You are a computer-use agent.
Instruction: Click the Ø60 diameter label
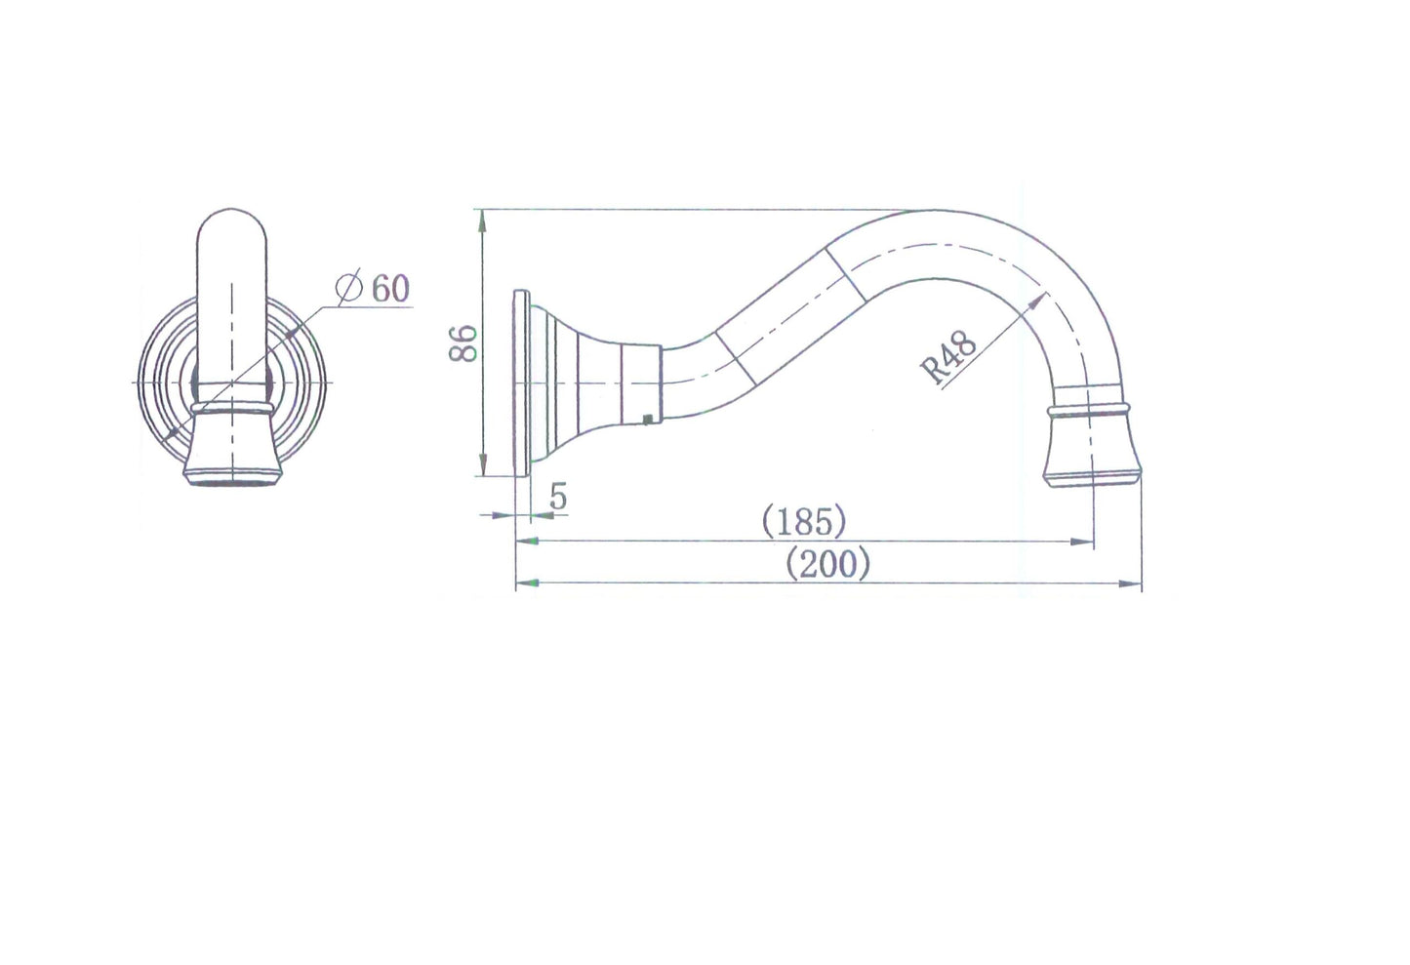coord(373,288)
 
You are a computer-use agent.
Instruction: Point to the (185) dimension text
coord(803,522)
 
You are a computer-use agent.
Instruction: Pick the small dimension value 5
coord(558,497)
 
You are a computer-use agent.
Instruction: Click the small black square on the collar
coord(647,420)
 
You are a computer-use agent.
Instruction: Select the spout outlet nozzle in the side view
coord(1093,455)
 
